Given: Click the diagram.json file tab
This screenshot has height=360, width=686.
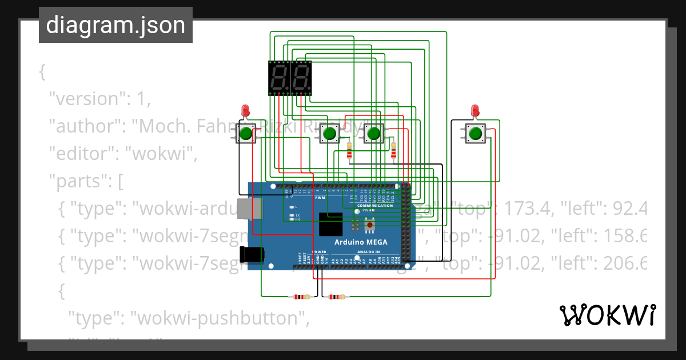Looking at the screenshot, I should tap(115, 25).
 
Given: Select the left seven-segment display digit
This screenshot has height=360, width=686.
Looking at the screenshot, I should tap(278, 78).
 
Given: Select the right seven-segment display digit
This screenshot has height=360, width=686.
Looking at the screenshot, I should tap(301, 78).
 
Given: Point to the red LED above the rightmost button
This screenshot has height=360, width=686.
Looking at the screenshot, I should tap(474, 110).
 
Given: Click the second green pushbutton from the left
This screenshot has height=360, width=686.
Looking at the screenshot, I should tap(329, 134).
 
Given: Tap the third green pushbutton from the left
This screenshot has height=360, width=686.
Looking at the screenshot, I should tap(373, 134).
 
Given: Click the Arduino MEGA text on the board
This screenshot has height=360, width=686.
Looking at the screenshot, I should tap(361, 242).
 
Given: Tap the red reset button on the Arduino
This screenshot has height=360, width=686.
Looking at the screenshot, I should tap(370, 226).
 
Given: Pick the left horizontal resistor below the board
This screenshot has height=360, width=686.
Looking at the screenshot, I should tap(301, 297).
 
